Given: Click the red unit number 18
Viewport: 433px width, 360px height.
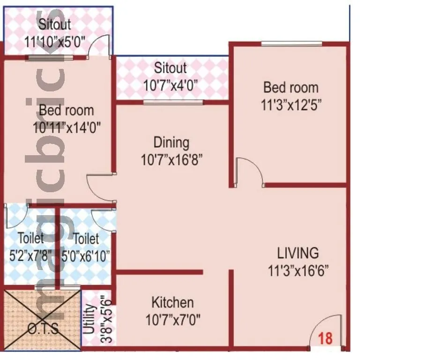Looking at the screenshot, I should click(x=325, y=337).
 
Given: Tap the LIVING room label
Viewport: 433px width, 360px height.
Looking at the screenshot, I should click(x=298, y=253).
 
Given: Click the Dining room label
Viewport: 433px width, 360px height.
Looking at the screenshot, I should click(x=172, y=142).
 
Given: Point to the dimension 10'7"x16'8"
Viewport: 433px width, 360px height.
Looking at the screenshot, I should click(x=172, y=160).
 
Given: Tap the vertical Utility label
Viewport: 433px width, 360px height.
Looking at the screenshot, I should click(x=90, y=319).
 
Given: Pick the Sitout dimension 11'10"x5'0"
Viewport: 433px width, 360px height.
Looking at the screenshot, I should click(x=55, y=40).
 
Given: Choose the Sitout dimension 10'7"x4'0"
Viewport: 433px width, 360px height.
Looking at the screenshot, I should click(x=171, y=85).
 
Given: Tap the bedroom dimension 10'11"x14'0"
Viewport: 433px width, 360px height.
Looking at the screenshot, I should click(x=67, y=127).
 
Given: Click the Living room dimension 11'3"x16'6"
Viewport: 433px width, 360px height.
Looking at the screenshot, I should click(x=298, y=270).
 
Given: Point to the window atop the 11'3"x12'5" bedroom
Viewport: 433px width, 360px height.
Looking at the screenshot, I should click(x=291, y=44).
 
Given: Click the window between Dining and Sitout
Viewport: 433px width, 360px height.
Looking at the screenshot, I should click(x=173, y=102).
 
